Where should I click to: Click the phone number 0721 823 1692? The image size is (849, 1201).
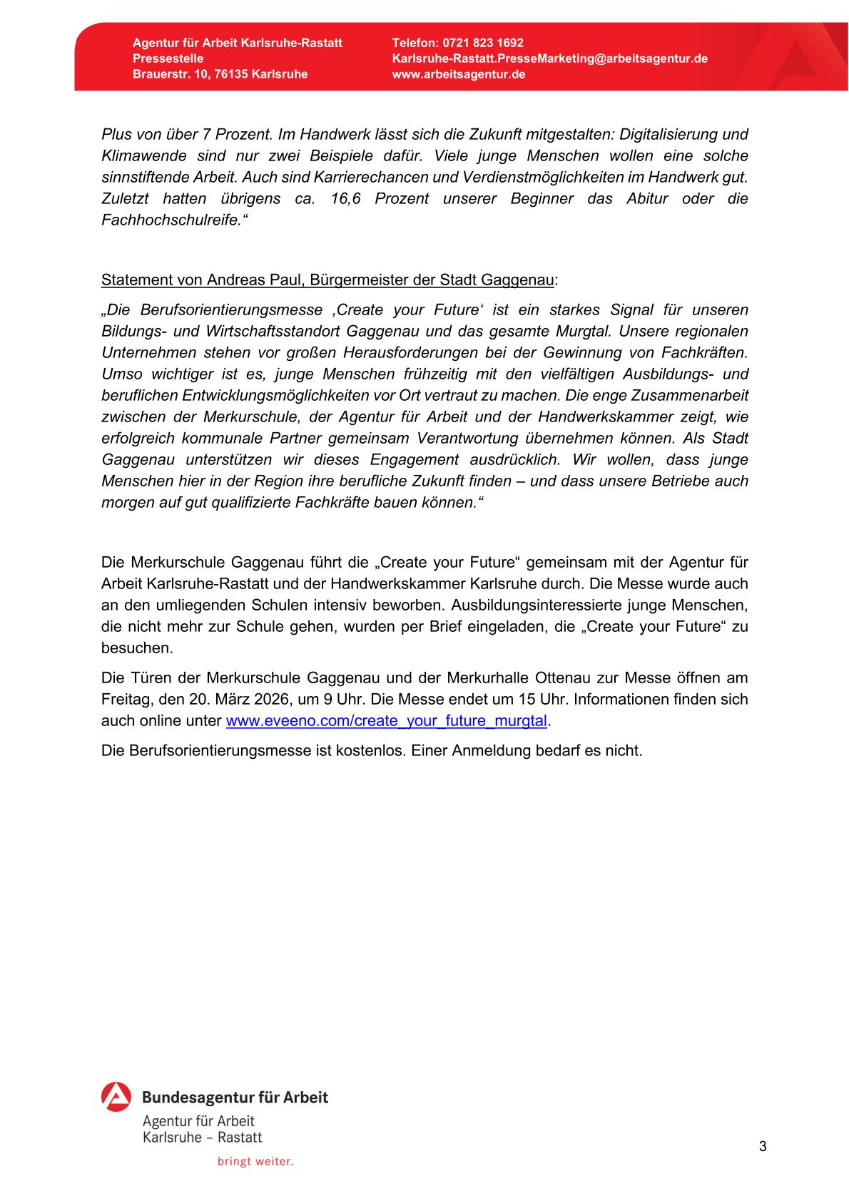coord(482,43)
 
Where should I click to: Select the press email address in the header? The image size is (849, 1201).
coord(549,58)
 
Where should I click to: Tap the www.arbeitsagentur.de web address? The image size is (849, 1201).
coord(458,74)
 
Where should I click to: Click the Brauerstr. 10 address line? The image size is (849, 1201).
coord(220,74)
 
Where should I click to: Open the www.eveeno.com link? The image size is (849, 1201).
coord(386,720)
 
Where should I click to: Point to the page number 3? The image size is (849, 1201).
coord(763,1147)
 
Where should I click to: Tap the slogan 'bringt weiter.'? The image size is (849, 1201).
coord(255,1162)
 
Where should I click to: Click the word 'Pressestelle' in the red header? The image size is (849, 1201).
coord(168,58)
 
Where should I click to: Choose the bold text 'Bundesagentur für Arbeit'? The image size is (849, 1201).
coord(235,1097)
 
